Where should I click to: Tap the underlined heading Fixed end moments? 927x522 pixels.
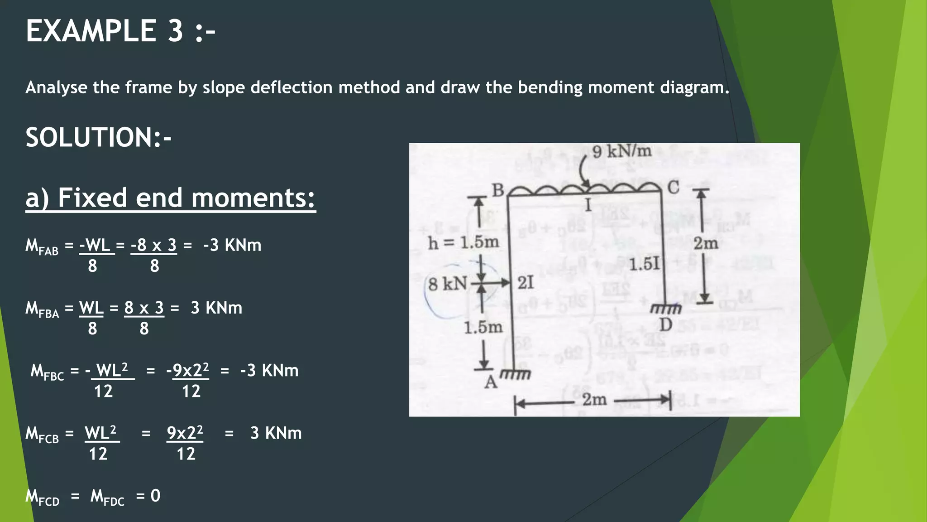coord(186,198)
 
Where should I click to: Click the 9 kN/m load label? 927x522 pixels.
coord(621,151)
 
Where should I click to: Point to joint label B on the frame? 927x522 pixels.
coord(497,191)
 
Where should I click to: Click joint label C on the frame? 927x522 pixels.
coord(673,187)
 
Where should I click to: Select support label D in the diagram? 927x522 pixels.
coord(665,324)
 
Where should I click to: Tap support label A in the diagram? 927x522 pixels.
coord(491,383)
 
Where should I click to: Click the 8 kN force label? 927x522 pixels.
coord(448,284)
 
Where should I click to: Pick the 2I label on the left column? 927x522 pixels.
coord(526,283)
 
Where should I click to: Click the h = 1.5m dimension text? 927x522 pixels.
coord(463,243)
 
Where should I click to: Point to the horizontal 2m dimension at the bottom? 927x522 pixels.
coord(594,400)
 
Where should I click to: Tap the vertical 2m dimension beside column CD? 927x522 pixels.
coord(706,243)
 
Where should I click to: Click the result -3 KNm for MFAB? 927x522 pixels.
coord(232,245)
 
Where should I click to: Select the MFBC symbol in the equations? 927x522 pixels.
coord(47,372)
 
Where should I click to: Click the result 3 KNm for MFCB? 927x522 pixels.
coord(276,433)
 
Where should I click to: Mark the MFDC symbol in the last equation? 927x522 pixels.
coord(107,497)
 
